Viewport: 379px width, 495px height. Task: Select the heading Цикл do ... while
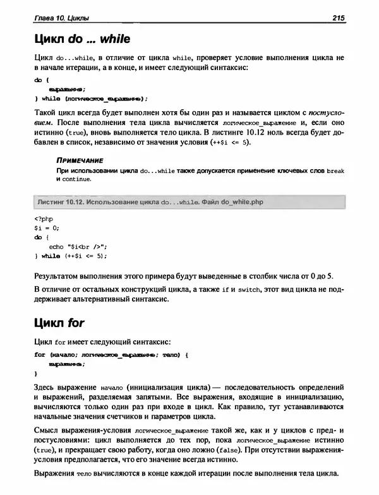(x=82, y=40)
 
